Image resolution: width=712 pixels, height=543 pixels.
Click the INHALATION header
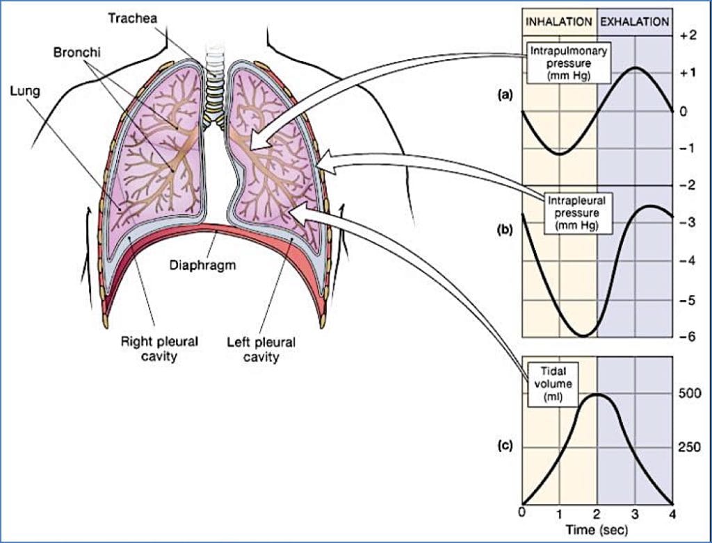[x=559, y=22]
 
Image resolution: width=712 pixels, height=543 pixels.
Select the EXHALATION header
[x=634, y=22]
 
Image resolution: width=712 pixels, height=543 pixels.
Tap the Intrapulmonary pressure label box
[x=560, y=64]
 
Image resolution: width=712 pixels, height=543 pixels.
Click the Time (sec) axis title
[x=597, y=529]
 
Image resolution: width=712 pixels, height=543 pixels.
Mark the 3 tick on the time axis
[x=634, y=513]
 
